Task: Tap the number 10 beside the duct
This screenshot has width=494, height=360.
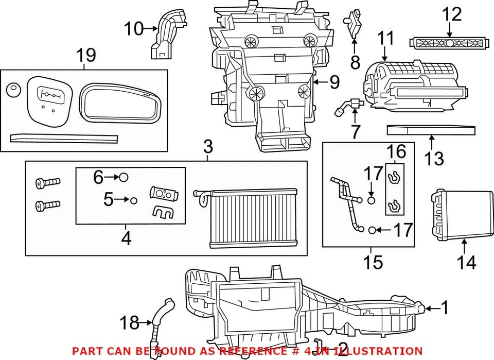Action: click(x=133, y=29)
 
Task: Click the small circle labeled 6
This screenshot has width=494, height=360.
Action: click(x=123, y=177)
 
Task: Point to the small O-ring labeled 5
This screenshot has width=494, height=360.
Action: click(x=133, y=200)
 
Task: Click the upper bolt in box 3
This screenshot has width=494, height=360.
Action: click(x=48, y=182)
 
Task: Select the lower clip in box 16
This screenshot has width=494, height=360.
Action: click(x=394, y=204)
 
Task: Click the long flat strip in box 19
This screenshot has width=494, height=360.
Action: click(x=64, y=139)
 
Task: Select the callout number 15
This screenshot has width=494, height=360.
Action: click(x=373, y=262)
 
